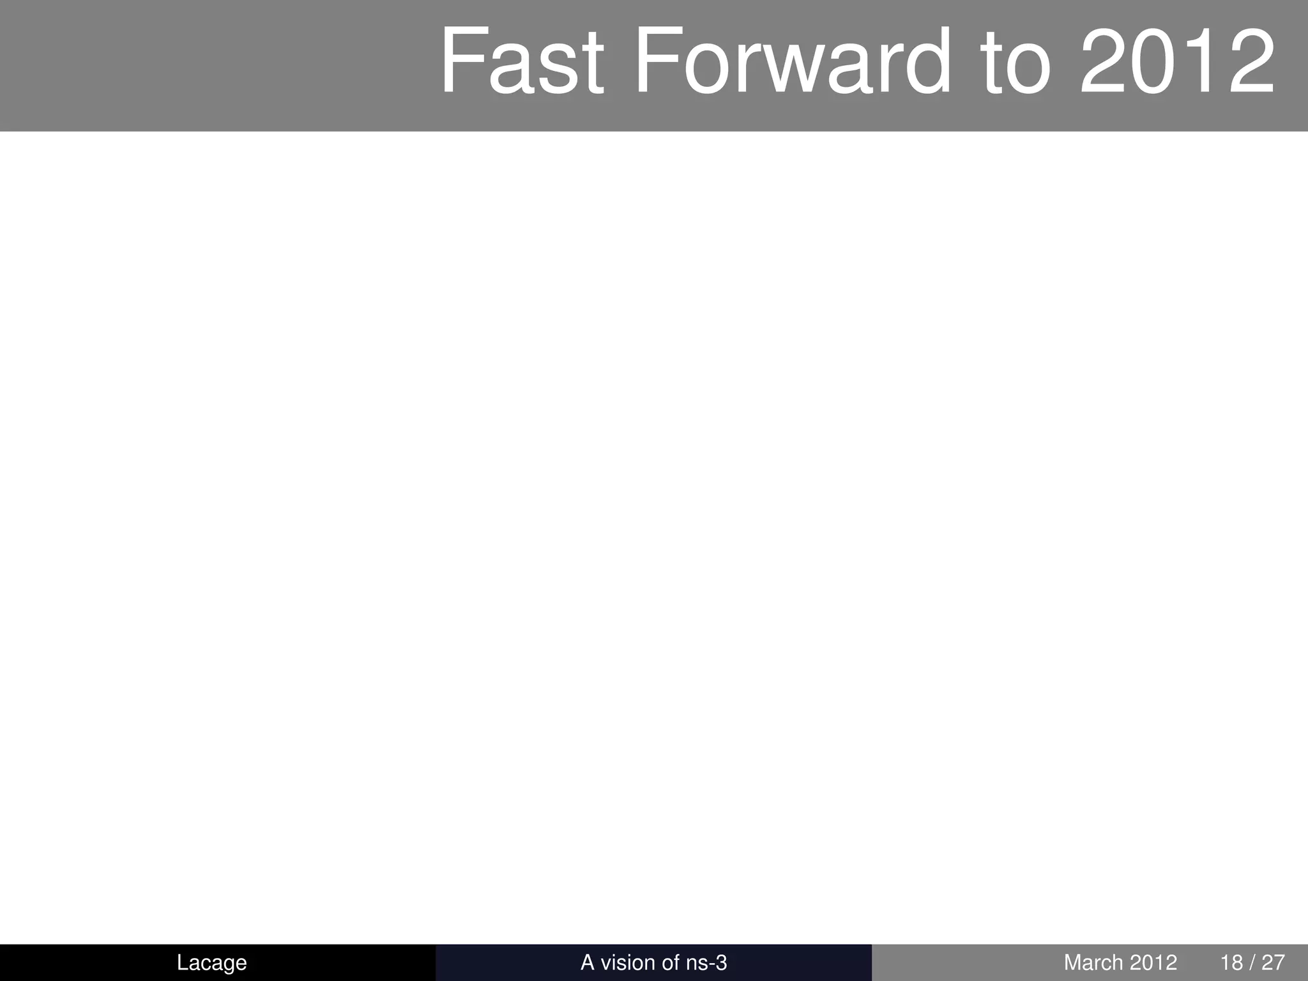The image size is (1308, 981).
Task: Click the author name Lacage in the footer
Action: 211,962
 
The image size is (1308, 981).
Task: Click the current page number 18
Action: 1231,962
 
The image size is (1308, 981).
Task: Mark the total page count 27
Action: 1273,962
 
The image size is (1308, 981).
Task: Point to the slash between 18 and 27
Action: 1252,962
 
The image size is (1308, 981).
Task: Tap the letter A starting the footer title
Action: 587,962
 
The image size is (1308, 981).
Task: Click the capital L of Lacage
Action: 182,962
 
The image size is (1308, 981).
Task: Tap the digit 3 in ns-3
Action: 721,962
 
